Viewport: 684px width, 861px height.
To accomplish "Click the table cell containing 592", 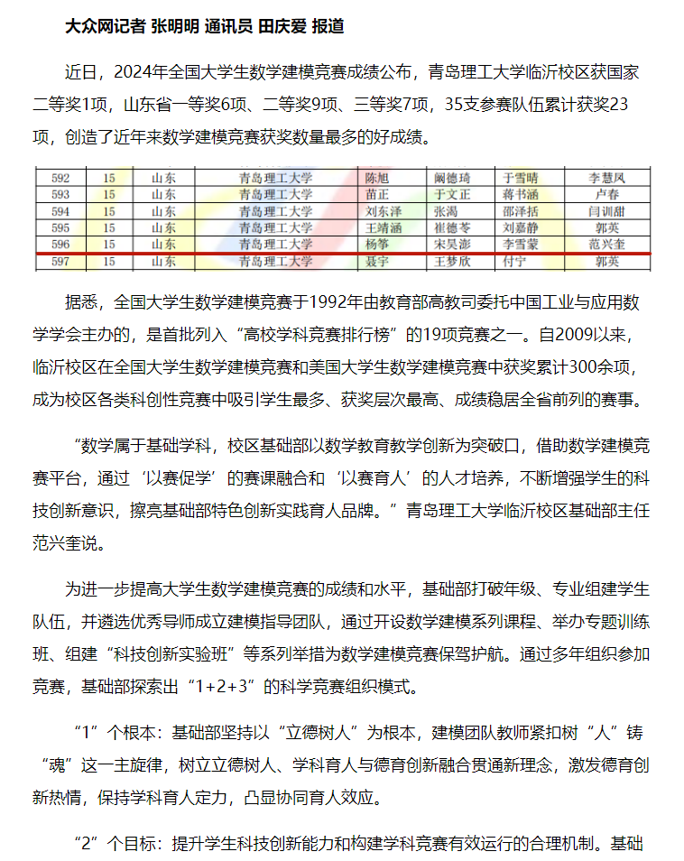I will pos(61,178).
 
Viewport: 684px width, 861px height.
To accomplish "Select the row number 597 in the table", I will pos(61,262).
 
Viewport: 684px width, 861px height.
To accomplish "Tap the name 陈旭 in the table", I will pos(377,178).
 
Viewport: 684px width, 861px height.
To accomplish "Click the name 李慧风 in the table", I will pos(606,178).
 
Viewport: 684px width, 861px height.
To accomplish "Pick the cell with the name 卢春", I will pos(606,194).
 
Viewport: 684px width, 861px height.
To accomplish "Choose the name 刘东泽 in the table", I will pos(383,211).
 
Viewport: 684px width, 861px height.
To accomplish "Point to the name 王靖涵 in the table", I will pos(383,227).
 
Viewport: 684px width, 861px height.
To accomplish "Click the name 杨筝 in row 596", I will pos(377,244).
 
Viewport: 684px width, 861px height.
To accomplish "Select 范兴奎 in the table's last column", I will pos(606,244).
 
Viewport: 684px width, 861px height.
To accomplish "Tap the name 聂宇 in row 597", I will pos(377,262).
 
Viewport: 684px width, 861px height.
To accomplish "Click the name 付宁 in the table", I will pos(513,262).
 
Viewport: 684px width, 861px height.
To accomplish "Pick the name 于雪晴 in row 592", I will pos(520,178).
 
